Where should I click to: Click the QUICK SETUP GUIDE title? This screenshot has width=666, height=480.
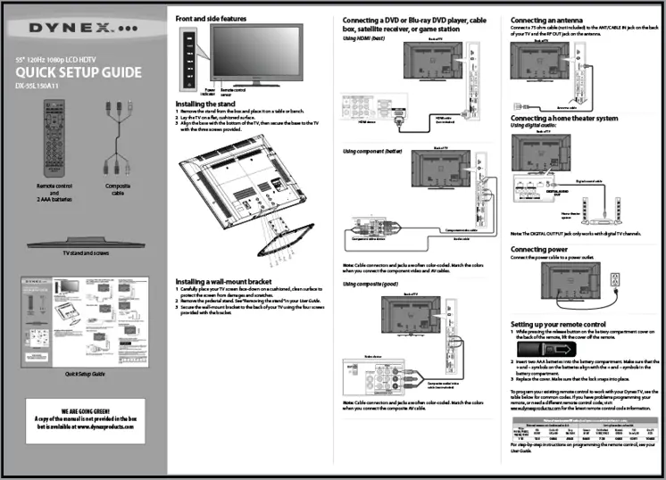coord(79,72)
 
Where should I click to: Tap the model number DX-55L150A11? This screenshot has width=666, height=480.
coord(43,87)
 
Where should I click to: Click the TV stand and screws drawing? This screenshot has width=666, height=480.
coord(84,243)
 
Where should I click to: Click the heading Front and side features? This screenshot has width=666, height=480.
coord(211,18)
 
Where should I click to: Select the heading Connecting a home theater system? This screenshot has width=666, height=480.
coord(563,118)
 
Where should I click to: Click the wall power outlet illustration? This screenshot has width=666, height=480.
coord(613,283)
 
